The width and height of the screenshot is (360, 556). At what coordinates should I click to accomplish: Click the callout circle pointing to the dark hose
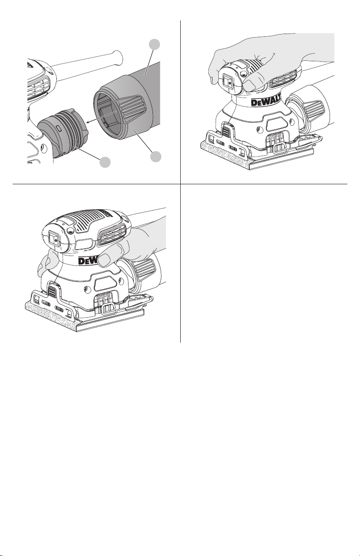(x=154, y=44)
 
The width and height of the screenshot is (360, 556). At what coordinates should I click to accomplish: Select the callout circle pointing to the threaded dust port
(x=105, y=162)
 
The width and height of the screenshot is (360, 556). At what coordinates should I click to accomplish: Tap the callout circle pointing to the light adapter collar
(x=156, y=157)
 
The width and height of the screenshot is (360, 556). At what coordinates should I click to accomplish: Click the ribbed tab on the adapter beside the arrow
(x=131, y=109)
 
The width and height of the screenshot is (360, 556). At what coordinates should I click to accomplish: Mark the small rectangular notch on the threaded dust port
(x=58, y=128)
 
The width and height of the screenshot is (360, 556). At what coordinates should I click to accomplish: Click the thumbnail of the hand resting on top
(x=249, y=86)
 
